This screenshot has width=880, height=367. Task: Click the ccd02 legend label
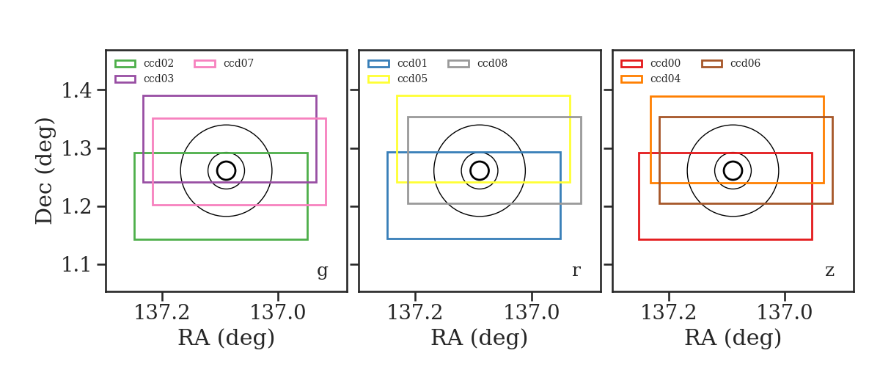click(x=158, y=63)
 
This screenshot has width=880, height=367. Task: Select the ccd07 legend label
click(x=238, y=63)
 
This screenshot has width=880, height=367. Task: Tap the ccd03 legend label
click(x=158, y=79)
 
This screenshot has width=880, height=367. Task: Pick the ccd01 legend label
click(x=412, y=63)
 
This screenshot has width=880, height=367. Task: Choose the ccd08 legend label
click(x=492, y=63)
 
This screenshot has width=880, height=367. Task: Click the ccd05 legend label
click(x=412, y=79)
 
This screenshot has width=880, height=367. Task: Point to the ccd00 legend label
click(x=666, y=63)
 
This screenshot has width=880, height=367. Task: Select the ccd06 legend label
click(x=745, y=63)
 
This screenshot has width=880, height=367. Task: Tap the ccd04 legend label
click(x=666, y=79)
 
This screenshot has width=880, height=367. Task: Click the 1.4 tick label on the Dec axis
click(x=76, y=90)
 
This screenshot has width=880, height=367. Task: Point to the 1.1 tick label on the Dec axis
click(x=76, y=265)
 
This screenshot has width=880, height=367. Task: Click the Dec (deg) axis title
click(x=43, y=171)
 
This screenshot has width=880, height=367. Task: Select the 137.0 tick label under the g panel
click(x=278, y=313)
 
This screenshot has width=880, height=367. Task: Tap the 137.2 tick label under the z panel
click(x=669, y=313)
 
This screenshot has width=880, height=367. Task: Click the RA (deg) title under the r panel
click(x=480, y=338)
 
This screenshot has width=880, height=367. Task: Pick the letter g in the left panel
click(x=322, y=271)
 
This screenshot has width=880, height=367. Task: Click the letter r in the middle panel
click(x=576, y=271)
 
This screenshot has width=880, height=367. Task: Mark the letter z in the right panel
click(x=829, y=271)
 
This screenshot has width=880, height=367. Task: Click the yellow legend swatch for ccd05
click(x=378, y=79)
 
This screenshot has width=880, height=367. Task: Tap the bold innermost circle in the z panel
click(x=742, y=171)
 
